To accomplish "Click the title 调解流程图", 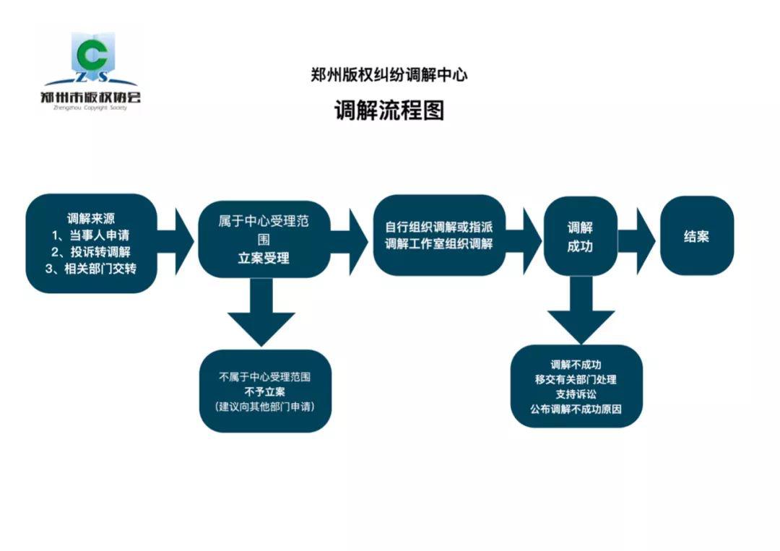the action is (389, 110).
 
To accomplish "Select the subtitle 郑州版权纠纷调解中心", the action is (389, 75).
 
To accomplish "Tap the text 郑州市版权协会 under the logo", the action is (90, 97).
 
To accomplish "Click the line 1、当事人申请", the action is (90, 235).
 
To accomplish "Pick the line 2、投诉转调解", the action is (90, 252).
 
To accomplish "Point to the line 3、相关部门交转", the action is (90, 269).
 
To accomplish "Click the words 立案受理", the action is (264, 258).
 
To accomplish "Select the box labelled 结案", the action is (696, 235).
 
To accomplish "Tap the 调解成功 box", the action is (580, 236).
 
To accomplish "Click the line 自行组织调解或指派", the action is (439, 227).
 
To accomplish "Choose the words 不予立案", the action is (264, 392).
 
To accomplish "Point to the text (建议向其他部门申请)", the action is (264, 407).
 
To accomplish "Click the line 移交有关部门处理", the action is (576, 379).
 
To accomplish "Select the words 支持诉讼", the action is (576, 394).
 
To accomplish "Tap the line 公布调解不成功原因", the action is (576, 409).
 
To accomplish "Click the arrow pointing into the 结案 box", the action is (637, 241).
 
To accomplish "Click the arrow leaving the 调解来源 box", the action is (175, 241).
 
